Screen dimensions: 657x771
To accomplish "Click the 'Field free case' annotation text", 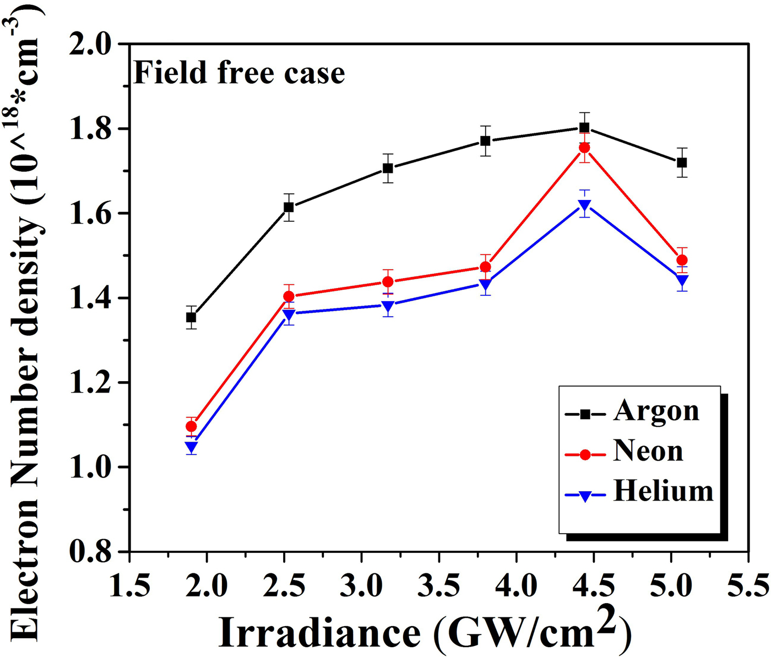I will click(x=239, y=73).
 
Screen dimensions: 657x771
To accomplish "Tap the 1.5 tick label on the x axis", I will click(x=129, y=585).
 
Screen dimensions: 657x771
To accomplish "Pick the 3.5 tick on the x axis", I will click(x=438, y=585).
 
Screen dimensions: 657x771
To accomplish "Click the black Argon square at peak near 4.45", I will click(x=584, y=128).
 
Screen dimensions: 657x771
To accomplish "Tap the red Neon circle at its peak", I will click(x=584, y=148).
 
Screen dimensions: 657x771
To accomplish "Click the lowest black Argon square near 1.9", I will click(x=191, y=317).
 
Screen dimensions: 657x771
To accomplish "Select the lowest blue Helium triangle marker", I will click(x=191, y=447).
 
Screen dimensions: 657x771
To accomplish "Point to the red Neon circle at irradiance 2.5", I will click(x=289, y=296).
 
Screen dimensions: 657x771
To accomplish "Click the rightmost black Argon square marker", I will click(x=682, y=162).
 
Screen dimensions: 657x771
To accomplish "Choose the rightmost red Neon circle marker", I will click(x=682, y=260).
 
